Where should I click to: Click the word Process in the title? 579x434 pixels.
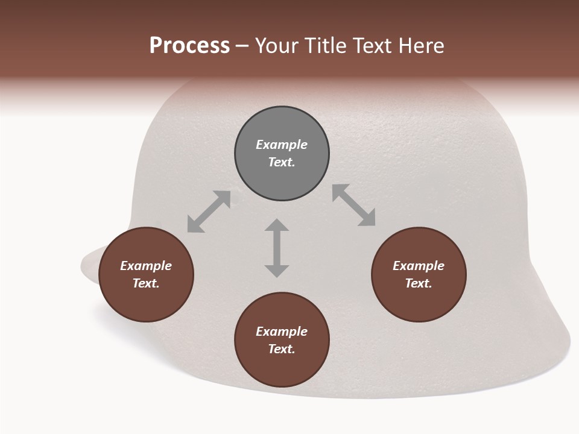(x=189, y=46)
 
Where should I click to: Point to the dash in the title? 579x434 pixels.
(x=242, y=47)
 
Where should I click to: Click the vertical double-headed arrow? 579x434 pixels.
(x=277, y=248)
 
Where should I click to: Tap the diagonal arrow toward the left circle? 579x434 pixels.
(x=209, y=212)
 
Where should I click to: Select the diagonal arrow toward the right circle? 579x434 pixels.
(x=354, y=205)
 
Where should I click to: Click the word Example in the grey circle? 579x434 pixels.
(x=282, y=145)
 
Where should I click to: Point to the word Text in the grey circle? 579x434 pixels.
(x=281, y=162)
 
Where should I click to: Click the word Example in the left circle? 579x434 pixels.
(x=146, y=266)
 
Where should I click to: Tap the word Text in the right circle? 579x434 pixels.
(x=418, y=283)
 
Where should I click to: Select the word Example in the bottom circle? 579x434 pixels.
(x=282, y=332)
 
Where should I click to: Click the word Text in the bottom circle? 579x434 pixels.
(x=281, y=349)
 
